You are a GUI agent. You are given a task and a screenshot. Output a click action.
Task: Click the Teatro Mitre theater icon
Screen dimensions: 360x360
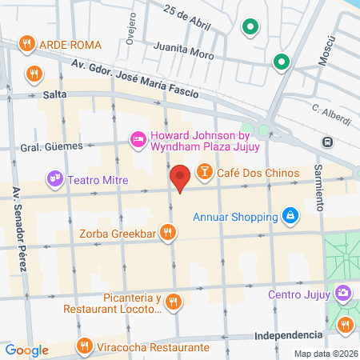tap(54, 178)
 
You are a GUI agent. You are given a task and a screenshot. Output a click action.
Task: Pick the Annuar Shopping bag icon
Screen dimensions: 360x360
tap(290, 215)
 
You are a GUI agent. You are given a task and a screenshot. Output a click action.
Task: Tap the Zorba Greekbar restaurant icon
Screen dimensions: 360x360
tap(167, 233)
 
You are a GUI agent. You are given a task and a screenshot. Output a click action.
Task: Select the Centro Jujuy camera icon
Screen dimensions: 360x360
tap(343, 294)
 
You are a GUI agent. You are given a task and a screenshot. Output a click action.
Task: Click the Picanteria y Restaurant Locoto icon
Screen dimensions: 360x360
tap(176, 302)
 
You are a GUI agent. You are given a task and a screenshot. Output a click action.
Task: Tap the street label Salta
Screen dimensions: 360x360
tap(54, 94)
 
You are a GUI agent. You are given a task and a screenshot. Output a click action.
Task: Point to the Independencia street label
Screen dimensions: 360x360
tap(286, 337)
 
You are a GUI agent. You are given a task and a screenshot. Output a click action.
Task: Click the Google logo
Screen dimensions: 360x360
tap(26, 350)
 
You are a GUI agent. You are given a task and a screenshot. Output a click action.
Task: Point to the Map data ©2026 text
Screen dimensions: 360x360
tap(326, 354)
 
